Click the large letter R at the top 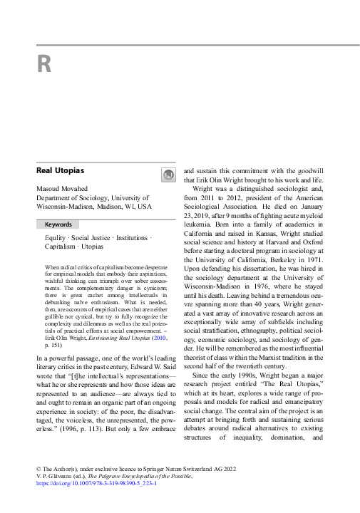click(43, 65)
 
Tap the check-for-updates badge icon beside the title click(168, 174)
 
